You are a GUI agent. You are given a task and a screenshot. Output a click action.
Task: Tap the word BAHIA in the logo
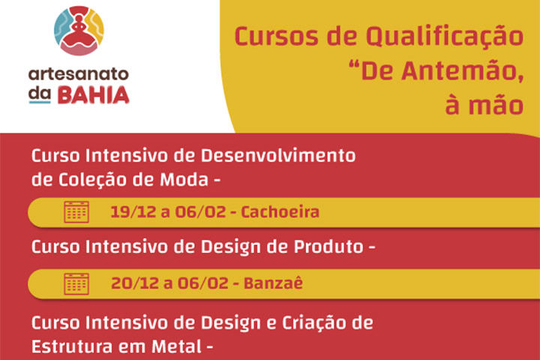tap(101, 95)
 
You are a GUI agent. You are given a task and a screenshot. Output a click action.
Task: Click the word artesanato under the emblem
tap(78, 75)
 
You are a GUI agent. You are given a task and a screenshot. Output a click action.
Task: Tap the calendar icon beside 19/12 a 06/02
tap(76, 212)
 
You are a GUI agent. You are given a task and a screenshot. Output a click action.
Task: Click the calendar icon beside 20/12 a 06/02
tap(76, 283)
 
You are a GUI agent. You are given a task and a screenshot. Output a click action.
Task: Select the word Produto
tap(326, 246)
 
